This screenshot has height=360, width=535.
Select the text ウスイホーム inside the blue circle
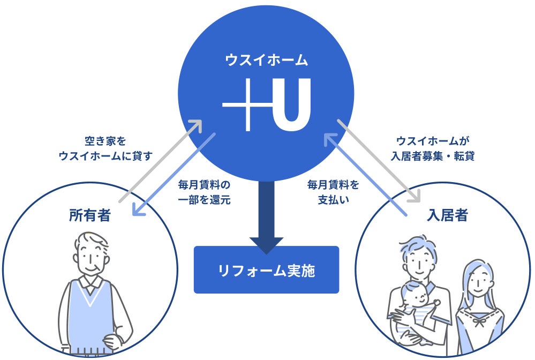[266, 60]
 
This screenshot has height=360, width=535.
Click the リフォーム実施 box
[266, 270]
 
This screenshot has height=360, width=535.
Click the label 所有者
[89, 215]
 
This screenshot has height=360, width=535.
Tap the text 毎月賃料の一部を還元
[204, 193]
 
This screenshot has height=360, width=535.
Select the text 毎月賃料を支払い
[333, 193]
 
